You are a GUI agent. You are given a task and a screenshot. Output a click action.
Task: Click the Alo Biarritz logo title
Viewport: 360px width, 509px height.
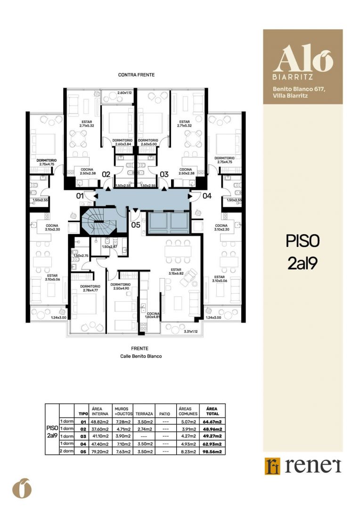coord(303,62)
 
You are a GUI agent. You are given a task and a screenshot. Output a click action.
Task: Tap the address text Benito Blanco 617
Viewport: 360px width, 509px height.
coord(299,89)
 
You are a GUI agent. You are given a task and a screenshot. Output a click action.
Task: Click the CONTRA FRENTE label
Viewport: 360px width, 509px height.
coord(136,74)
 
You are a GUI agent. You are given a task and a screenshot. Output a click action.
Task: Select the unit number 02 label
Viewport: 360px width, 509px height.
coord(106,174)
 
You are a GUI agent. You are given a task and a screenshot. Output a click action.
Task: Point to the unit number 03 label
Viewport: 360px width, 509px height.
coord(164,174)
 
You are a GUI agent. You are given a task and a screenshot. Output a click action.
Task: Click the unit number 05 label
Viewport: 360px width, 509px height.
coord(136,224)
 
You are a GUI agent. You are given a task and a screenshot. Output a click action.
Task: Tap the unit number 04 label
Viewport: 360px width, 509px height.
coord(207,196)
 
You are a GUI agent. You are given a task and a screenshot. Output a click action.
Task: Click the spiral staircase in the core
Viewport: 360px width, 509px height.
coord(98,222)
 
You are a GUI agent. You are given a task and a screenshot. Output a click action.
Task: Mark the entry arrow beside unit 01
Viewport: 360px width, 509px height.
coord(96,196)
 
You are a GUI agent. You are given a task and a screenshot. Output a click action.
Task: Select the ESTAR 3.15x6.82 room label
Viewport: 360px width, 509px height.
coord(176,271)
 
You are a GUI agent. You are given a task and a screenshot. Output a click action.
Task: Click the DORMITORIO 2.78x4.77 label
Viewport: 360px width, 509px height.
coord(90,288)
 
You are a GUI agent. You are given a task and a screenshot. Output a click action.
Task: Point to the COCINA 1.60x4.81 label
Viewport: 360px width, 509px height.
coord(153,315)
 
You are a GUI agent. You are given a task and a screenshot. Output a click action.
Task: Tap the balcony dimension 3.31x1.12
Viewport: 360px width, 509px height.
coord(190,331)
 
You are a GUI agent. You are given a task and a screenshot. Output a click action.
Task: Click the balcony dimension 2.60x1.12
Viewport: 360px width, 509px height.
coord(124,92)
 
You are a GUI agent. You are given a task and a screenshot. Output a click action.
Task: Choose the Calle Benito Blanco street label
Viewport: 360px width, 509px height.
coord(141,356)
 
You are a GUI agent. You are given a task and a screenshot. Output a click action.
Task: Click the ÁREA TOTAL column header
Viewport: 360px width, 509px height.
coord(212,411)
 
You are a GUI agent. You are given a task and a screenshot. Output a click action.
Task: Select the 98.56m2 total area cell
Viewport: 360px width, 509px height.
coord(212,451)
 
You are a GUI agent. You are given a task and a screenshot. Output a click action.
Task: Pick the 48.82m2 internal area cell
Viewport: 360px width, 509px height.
coord(100,422)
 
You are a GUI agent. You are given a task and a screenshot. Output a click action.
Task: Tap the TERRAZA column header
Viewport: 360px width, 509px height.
coord(144,414)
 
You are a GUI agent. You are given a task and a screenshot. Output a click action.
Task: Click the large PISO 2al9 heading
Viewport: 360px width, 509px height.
coord(303,253)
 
